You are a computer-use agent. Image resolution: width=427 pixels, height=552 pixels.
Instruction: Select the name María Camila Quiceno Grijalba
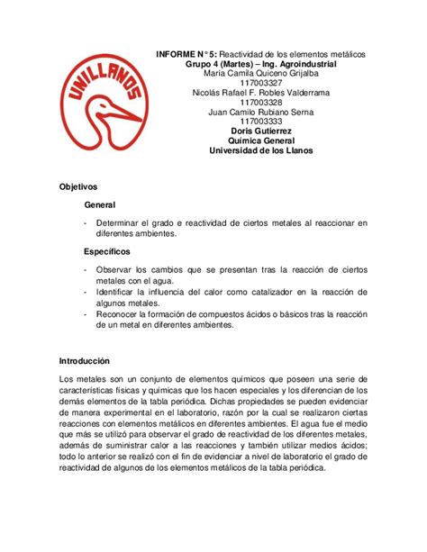pyautogui.click(x=262, y=76)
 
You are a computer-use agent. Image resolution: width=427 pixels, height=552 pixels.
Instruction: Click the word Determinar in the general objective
pyautogui.click(x=119, y=223)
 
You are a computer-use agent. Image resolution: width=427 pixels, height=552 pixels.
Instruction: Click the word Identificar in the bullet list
pyautogui.click(x=119, y=292)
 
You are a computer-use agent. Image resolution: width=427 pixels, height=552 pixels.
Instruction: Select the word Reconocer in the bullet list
pyautogui.click(x=121, y=314)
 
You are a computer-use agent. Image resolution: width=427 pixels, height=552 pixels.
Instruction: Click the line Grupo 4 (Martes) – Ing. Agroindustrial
pyautogui.click(x=262, y=66)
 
